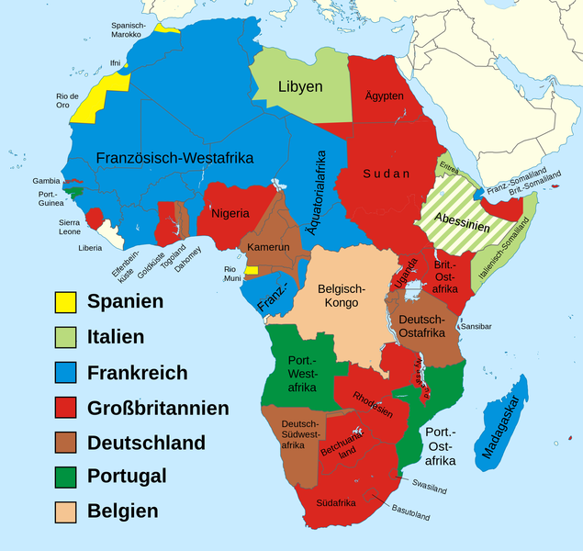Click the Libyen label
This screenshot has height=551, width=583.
tap(300, 86)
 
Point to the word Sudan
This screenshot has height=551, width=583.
tap(387, 173)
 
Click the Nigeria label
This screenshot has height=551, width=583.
tap(230, 213)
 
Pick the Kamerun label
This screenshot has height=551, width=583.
tap(267, 248)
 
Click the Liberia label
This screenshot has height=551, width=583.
tap(90, 248)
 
